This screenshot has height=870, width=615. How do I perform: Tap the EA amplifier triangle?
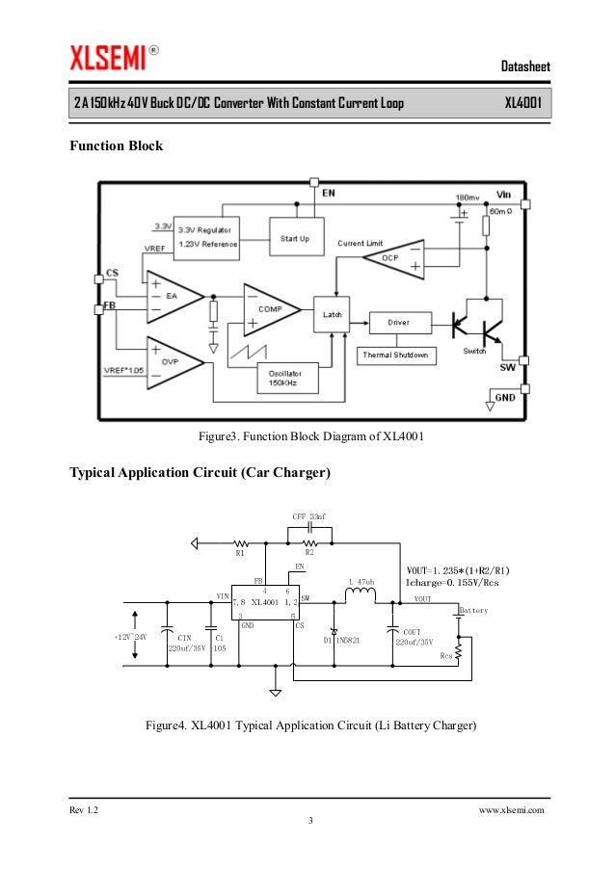coord(172,296)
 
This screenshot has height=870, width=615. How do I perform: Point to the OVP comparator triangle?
coord(172,362)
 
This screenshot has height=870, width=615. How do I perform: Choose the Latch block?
coord(332,314)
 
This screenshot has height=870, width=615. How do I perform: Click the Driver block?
coord(397,323)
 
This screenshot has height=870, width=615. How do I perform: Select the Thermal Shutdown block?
coord(397,356)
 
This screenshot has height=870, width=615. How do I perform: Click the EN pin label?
coord(329,193)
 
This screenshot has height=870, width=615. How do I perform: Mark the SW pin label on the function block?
coord(506,367)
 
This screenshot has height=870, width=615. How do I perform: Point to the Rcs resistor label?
coord(445,656)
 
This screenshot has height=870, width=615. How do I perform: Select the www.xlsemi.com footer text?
coord(511,811)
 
